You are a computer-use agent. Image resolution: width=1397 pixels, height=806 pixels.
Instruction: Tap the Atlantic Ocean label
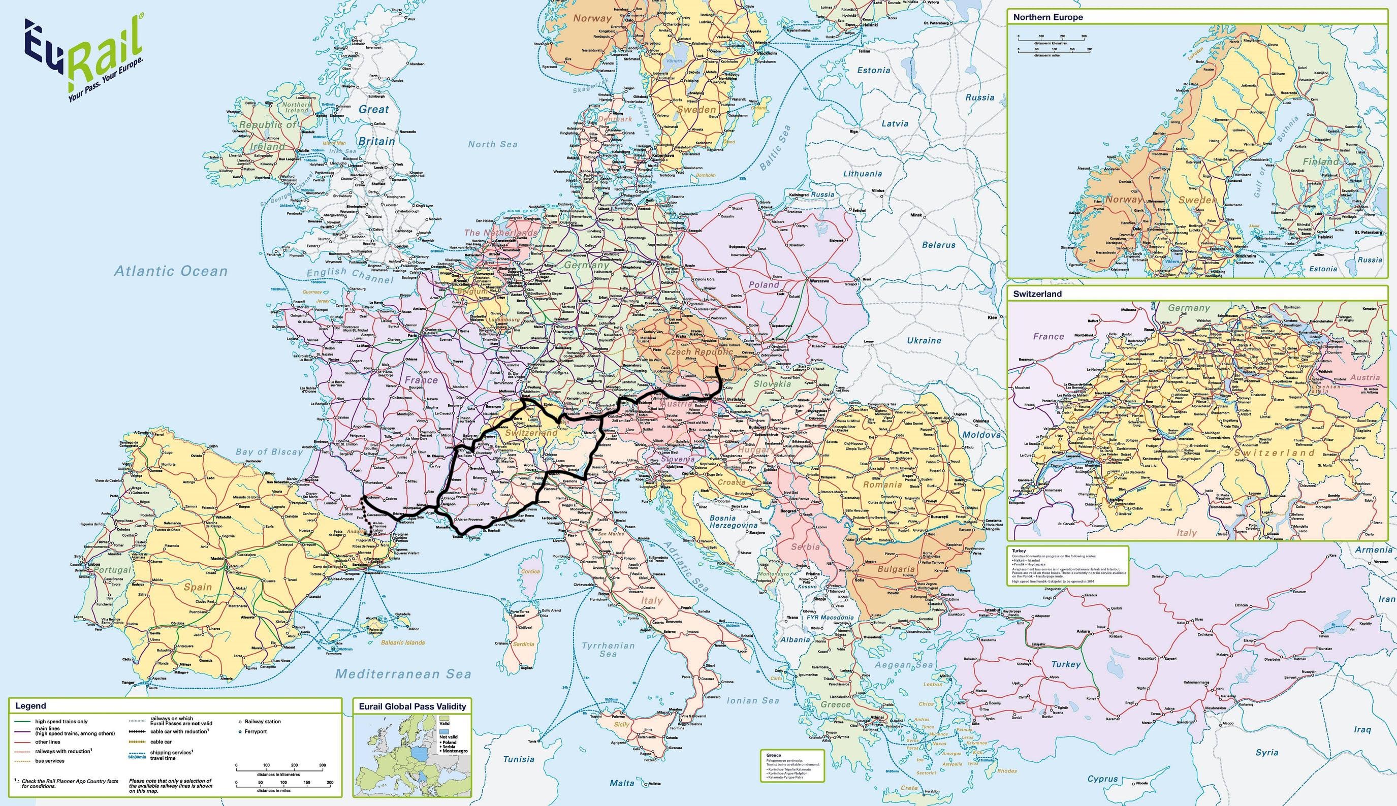(171, 271)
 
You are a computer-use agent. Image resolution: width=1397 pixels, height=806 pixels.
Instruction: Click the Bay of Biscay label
(270, 452)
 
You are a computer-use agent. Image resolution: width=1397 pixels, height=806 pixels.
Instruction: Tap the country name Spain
(198, 587)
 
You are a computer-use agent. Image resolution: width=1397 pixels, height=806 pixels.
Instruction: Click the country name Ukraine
(924, 340)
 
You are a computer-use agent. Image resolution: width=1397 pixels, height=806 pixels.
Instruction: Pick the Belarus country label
(939, 244)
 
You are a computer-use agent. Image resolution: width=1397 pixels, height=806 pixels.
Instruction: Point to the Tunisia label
(518, 759)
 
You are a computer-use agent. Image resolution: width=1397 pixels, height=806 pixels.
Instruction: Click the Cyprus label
(1102, 779)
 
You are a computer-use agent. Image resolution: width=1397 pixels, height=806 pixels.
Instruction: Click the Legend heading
(30, 706)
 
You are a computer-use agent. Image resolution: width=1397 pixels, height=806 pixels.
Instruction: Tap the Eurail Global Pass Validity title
(412, 706)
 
